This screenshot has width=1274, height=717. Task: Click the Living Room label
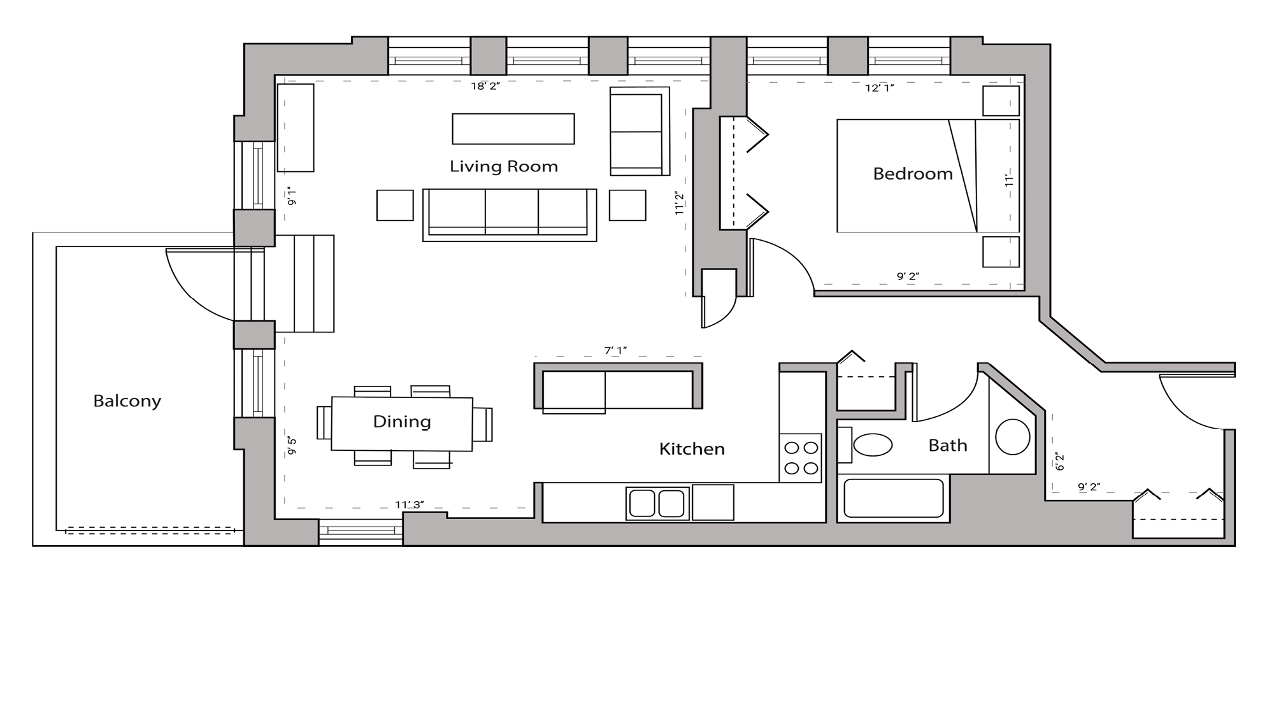coord(503,167)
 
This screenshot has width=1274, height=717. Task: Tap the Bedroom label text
coord(912,174)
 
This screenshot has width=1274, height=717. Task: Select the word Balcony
coord(127,401)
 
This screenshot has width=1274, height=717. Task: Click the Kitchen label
coord(692,449)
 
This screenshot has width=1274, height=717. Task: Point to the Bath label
coord(947,446)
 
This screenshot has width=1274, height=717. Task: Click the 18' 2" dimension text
coord(485,87)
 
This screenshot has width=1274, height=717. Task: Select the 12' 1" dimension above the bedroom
coord(879,88)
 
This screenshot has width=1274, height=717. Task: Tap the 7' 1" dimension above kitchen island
coord(615,351)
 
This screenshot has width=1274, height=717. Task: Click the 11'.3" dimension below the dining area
coord(409,505)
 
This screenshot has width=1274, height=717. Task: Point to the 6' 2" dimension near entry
coord(1060,462)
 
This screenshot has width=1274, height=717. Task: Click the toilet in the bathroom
coord(872,444)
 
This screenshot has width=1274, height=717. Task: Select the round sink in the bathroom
coord(1012,437)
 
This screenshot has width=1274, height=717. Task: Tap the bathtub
coord(893,498)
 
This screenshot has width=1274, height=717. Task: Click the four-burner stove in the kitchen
coord(801,458)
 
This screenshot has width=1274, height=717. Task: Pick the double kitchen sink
coord(657,503)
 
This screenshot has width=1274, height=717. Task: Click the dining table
coord(401,424)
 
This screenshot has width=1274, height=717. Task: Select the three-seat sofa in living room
coord(509,213)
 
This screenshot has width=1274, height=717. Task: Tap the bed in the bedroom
coord(927,176)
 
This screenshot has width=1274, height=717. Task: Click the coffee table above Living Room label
coord(513,129)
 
